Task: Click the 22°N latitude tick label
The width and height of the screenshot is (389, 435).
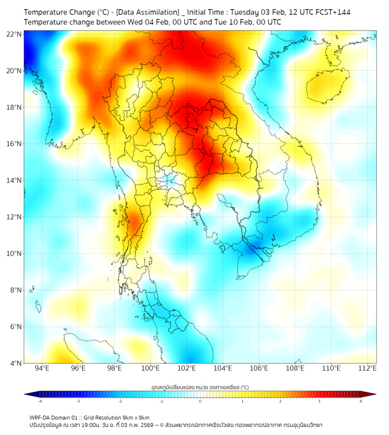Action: coord(14,34)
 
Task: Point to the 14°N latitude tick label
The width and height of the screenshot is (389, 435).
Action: coord(14,180)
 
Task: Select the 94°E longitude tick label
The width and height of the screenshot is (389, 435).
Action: coord(42,369)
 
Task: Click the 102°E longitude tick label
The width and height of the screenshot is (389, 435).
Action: coord(186,369)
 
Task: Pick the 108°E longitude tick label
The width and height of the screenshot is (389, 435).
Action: coord(295,369)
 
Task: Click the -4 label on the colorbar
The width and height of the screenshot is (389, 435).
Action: coord(40,401)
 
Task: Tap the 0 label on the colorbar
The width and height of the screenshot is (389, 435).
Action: coord(200,401)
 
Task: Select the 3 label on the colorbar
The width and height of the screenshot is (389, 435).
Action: coord(321,401)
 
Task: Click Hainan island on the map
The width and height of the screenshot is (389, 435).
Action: coord(326,85)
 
